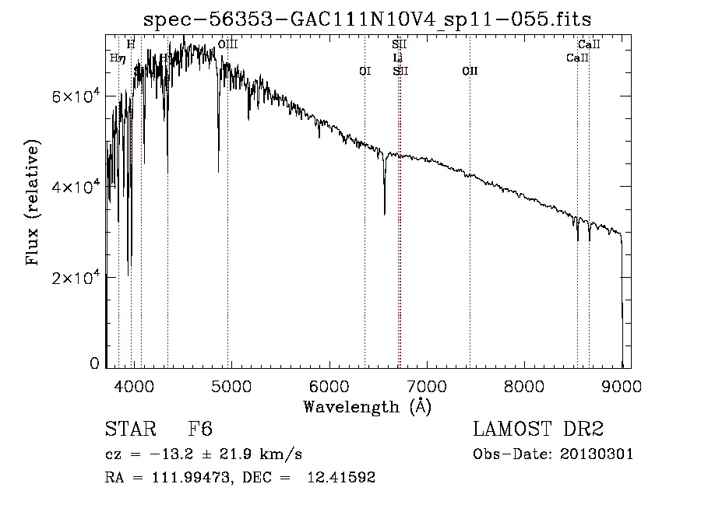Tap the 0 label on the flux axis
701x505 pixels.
click(94, 364)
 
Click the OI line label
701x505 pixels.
click(365, 72)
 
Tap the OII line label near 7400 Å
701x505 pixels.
click(470, 72)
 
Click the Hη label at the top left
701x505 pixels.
click(118, 58)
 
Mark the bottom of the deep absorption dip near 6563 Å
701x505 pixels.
click(384, 213)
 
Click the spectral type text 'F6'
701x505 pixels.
click(201, 430)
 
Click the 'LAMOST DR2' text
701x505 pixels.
click(538, 430)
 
